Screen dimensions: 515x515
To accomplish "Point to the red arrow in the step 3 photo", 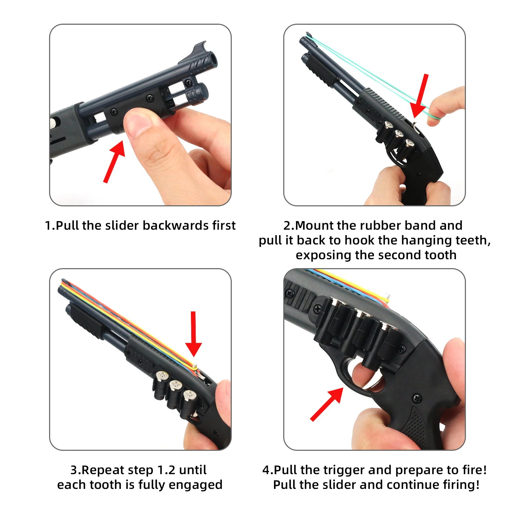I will (x=194, y=335).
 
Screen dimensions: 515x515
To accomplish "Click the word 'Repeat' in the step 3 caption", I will (x=100, y=470).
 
